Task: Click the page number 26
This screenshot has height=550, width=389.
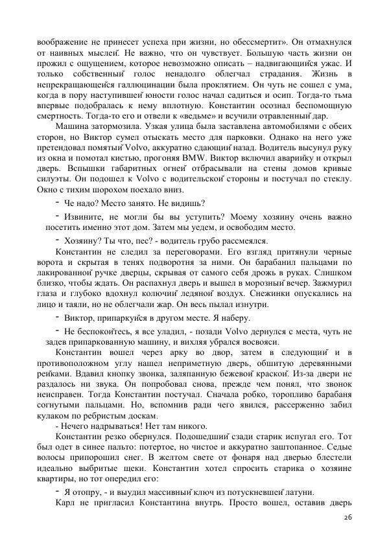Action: tap(348, 519)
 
